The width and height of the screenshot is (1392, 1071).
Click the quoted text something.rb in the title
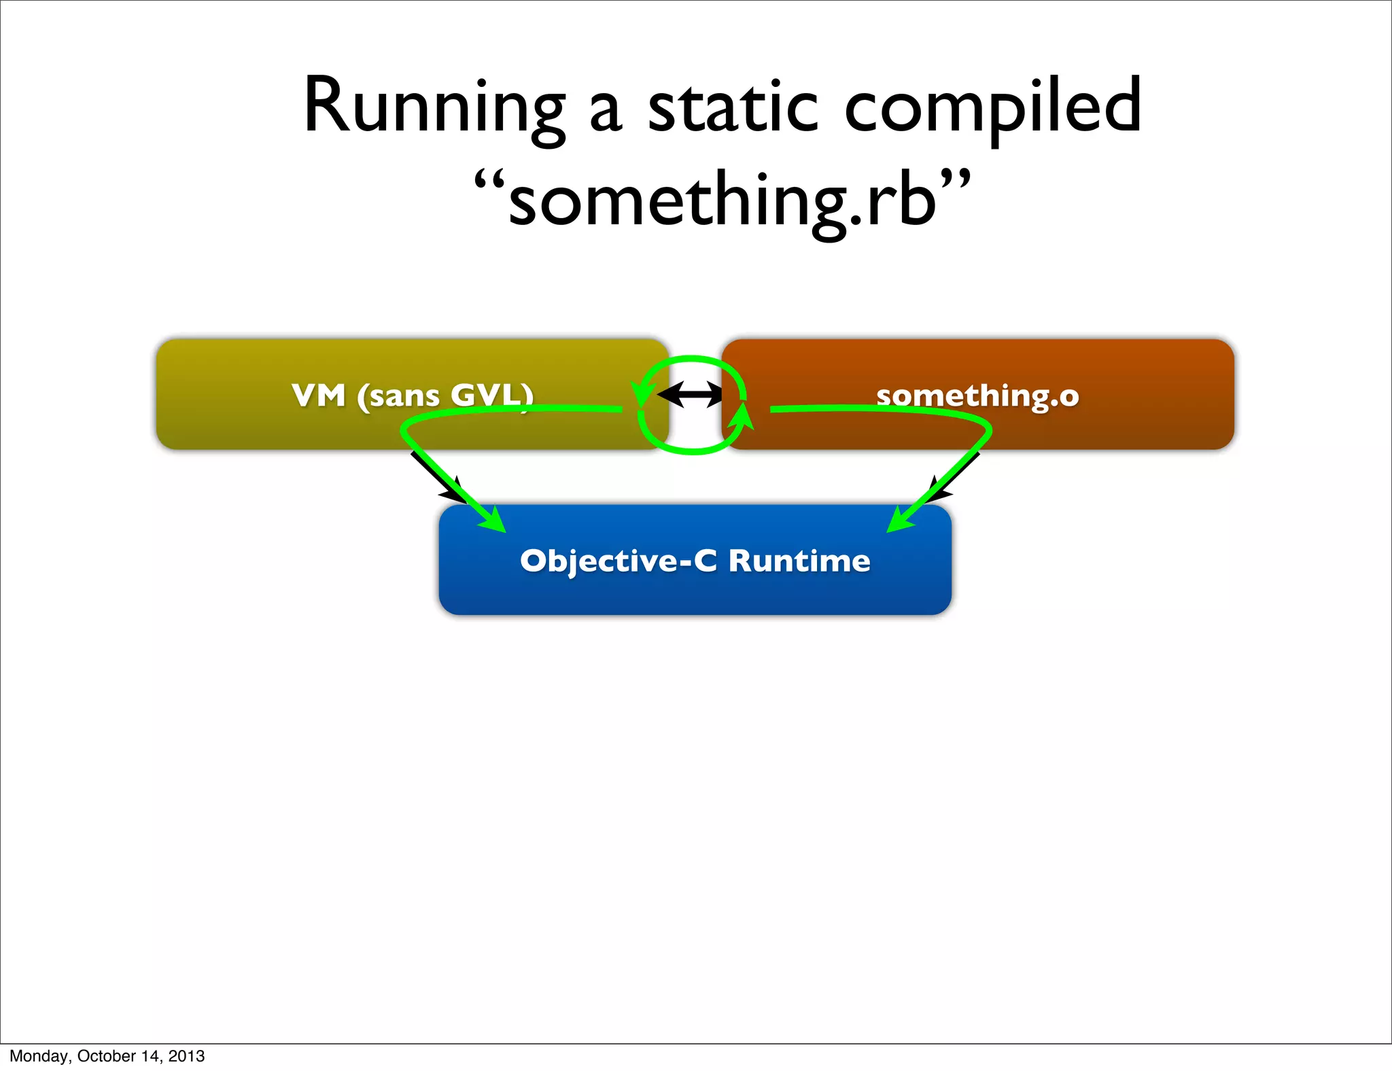pos(722,201)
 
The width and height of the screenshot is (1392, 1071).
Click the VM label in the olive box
pos(319,396)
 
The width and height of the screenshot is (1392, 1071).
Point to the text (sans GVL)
pos(445,396)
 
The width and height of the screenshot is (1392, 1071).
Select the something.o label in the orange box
pos(977,396)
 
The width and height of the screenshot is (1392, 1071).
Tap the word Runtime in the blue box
pos(799,561)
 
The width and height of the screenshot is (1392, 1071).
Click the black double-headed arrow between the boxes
pos(691,394)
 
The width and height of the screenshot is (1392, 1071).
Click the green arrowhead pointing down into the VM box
pos(641,394)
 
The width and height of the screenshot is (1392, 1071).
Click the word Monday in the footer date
pos(37,1056)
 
